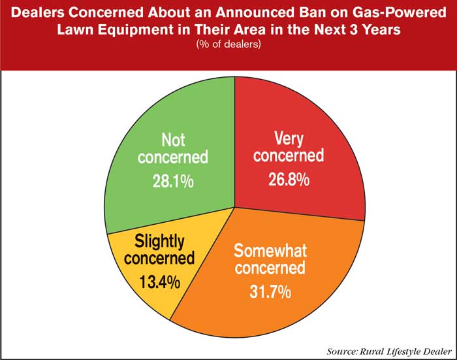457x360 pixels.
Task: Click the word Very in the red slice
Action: [x=289, y=137]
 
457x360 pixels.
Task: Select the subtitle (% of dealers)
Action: [x=228, y=44]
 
